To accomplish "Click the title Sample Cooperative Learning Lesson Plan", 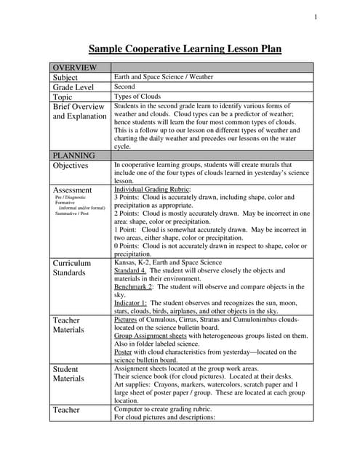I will (x=185, y=49).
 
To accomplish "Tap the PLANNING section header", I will (x=73, y=155).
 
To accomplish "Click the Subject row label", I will (x=65, y=77).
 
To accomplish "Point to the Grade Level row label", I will (x=73, y=87).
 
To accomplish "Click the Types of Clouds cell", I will (x=137, y=97).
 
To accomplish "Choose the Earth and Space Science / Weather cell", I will (x=164, y=77).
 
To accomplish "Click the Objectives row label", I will (x=71, y=166).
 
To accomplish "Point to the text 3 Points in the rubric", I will (x=129, y=197).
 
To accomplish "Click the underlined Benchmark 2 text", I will (x=133, y=287).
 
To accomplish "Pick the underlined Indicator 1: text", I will (x=131, y=303).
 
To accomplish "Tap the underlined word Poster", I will (x=124, y=352).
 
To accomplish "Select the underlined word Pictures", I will (x=125, y=319).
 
